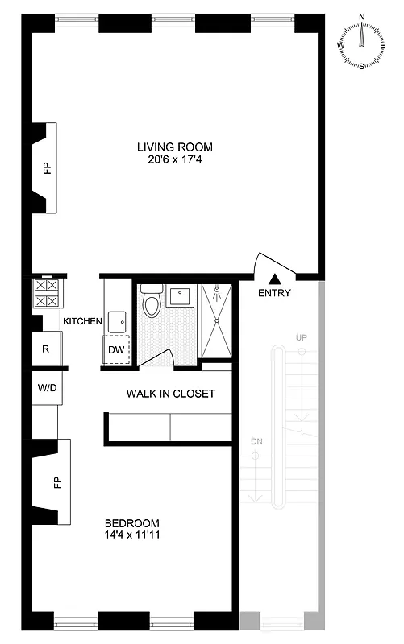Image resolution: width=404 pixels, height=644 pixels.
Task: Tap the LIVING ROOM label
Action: pyautogui.click(x=174, y=147)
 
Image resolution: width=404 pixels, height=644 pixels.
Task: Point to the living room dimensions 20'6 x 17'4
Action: pyautogui.click(x=174, y=159)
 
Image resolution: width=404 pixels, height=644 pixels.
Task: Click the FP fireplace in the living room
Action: pyautogui.click(x=46, y=168)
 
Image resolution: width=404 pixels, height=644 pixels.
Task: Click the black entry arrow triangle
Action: pyautogui.click(x=274, y=279)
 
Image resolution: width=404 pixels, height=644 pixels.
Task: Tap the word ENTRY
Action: pyautogui.click(x=274, y=293)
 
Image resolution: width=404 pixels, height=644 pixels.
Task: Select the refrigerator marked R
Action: pyautogui.click(x=46, y=349)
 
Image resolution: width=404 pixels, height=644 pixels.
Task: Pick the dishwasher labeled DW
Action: pyautogui.click(x=116, y=349)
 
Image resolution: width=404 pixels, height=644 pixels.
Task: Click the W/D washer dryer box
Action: pyautogui.click(x=46, y=387)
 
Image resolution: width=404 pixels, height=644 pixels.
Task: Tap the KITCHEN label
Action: pyautogui.click(x=83, y=321)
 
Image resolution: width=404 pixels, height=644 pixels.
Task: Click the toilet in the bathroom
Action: pyautogui.click(x=151, y=303)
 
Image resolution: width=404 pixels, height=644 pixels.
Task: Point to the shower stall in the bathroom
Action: pyautogui.click(x=215, y=320)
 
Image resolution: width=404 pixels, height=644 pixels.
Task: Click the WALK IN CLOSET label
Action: pyautogui.click(x=169, y=394)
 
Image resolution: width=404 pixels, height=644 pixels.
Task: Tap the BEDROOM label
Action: pyautogui.click(x=132, y=522)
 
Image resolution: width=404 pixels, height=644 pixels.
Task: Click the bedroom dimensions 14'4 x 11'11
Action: pyautogui.click(x=132, y=534)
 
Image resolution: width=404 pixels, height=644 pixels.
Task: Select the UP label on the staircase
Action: pyautogui.click(x=302, y=336)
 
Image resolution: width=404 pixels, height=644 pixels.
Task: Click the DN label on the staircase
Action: pyautogui.click(x=256, y=442)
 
